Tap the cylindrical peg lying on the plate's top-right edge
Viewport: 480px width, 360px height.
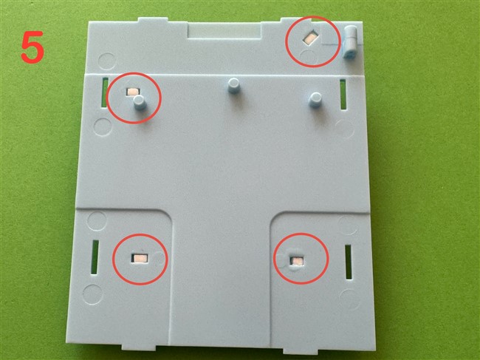coord(351,42)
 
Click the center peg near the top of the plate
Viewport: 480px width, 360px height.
coord(234,86)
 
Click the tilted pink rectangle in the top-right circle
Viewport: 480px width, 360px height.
coord(310,38)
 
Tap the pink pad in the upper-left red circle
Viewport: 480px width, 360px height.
coord(133,92)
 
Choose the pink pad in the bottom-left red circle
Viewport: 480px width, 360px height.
coord(140,259)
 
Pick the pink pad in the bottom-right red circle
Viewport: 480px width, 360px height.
coord(298,261)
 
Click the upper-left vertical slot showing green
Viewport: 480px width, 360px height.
coord(106,92)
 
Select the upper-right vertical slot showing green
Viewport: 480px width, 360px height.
coord(343,94)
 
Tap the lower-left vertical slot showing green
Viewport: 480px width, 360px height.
coord(95,257)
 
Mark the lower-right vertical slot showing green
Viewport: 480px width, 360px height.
coord(349,262)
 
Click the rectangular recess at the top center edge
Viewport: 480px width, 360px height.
coord(224,31)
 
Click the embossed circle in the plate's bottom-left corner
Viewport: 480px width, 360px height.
coord(93,294)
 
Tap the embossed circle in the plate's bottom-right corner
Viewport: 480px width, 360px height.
coord(349,299)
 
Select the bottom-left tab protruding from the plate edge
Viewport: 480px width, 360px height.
coord(138,347)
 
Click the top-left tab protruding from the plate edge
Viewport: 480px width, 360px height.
coord(153,20)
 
